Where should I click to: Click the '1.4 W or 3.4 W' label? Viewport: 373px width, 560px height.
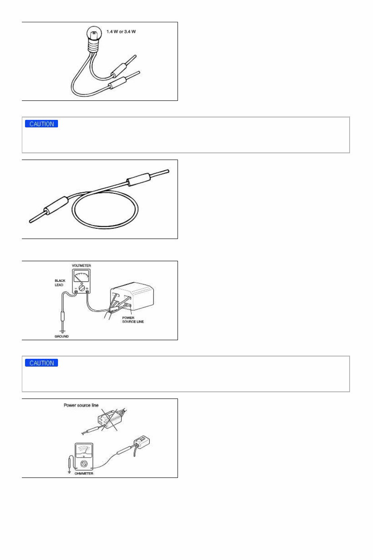(121, 31)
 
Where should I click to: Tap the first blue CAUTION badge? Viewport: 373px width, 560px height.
(42, 124)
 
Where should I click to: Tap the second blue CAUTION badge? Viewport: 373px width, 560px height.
(42, 363)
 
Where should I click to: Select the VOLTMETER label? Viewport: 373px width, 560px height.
(81, 266)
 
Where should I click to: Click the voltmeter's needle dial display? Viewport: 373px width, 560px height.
(81, 276)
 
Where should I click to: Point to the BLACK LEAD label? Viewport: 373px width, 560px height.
(60, 283)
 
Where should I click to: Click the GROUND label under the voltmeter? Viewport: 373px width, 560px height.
(62, 336)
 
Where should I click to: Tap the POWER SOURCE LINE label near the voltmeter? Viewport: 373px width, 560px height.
(133, 319)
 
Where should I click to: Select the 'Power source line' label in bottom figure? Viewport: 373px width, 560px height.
(81, 405)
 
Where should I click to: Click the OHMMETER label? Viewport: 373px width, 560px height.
(84, 473)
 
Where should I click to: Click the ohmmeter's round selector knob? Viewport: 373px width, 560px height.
(84, 464)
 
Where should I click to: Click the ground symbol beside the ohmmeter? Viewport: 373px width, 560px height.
(70, 471)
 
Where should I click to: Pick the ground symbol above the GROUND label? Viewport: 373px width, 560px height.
(62, 331)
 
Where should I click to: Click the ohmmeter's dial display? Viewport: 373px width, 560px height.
(84, 450)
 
